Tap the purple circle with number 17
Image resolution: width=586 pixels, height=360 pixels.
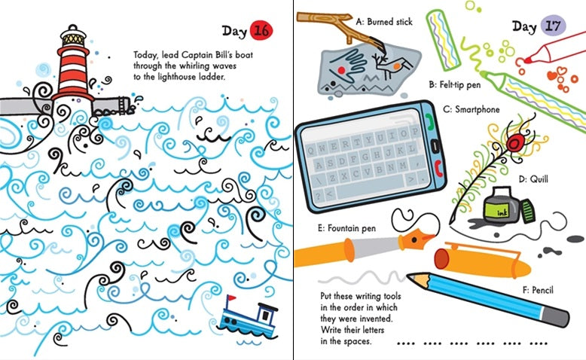click(551, 26)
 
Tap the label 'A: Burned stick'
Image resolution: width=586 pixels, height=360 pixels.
click(384, 22)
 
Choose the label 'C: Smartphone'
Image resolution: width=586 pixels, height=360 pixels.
click(472, 109)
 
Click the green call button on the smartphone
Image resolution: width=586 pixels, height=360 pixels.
click(430, 121)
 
